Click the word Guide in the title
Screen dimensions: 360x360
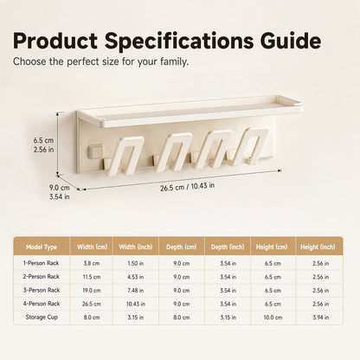[291, 41]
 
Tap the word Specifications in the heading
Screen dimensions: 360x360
[178, 42]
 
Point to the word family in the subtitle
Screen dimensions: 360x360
[174, 61]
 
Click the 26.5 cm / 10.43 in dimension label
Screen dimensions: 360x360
[187, 187]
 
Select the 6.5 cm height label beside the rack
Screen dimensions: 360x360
[43, 141]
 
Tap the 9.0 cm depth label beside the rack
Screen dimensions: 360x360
[59, 188]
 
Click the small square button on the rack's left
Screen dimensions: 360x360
[96, 151]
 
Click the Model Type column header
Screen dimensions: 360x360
[42, 247]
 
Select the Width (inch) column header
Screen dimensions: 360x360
[136, 247]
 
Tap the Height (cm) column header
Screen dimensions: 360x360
[272, 247]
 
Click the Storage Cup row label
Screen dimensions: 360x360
[42, 317]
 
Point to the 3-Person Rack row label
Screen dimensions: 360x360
[42, 290]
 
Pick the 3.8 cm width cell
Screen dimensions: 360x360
[92, 263]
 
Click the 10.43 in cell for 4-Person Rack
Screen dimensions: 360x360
[136, 304]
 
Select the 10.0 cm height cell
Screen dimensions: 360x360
[273, 318]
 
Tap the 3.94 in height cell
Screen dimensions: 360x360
[321, 318]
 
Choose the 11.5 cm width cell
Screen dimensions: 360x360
[92, 277]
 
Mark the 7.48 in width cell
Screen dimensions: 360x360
[136, 290]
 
